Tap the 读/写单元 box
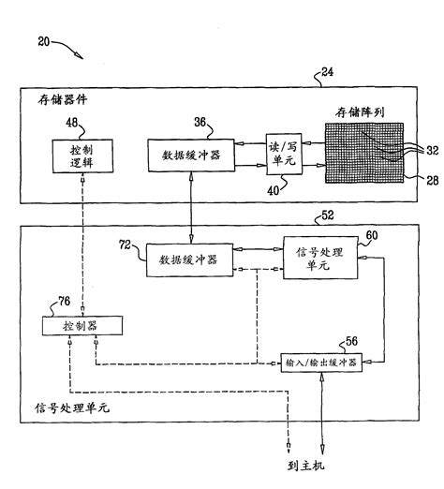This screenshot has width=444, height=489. click(282, 153)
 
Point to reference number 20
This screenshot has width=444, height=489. click(34, 42)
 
